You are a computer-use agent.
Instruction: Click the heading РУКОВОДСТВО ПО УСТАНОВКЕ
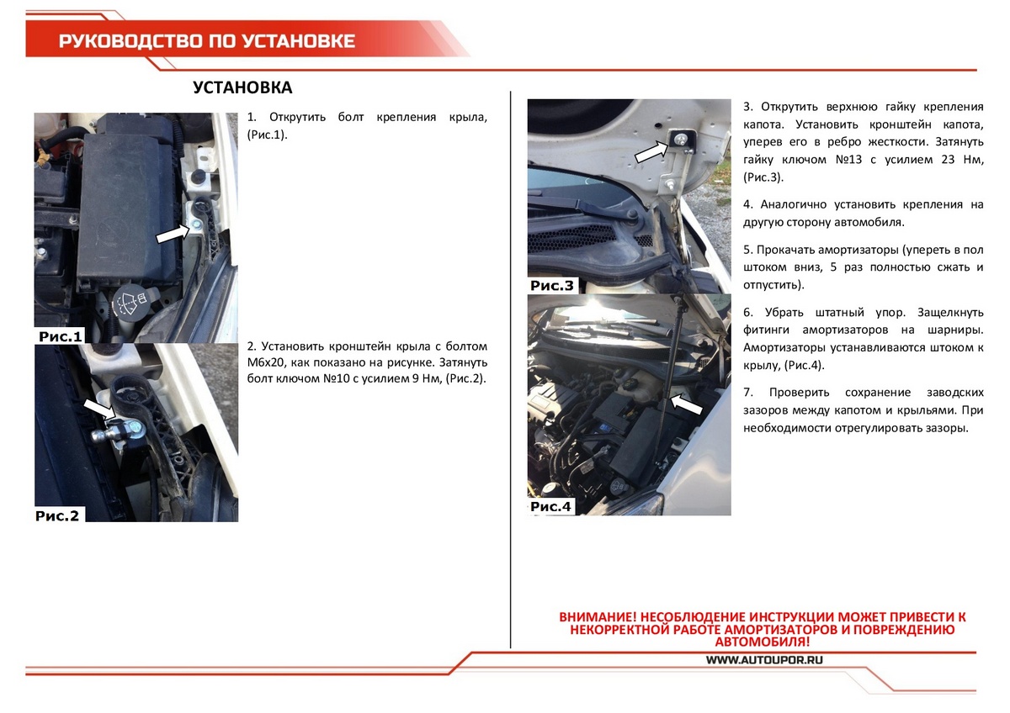pyautogui.click(x=207, y=41)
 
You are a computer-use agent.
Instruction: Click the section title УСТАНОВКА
pyautogui.click(x=242, y=88)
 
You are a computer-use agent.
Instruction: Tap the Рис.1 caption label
pyautogui.click(x=61, y=336)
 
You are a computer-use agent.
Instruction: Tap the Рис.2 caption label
pyautogui.click(x=57, y=515)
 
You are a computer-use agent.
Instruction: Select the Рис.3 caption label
pyautogui.click(x=552, y=286)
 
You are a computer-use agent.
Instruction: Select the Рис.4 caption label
pyautogui.click(x=551, y=506)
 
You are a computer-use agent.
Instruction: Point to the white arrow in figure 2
pyautogui.click(x=102, y=409)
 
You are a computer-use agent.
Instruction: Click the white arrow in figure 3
pyautogui.click(x=650, y=151)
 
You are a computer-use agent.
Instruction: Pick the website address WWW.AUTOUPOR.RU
pyautogui.click(x=763, y=660)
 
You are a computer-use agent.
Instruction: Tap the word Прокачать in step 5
pyautogui.click(x=785, y=250)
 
